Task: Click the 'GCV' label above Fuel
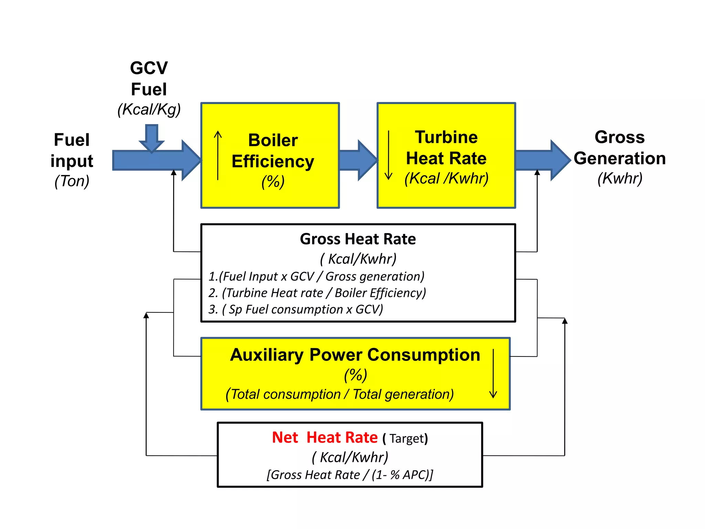click(x=149, y=68)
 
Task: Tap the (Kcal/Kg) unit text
click(x=149, y=110)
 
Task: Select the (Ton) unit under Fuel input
click(x=72, y=181)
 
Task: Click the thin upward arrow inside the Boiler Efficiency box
click(x=218, y=155)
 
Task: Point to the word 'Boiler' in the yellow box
click(x=273, y=140)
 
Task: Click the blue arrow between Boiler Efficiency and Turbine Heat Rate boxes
click(x=358, y=160)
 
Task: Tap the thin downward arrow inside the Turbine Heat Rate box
click(x=388, y=155)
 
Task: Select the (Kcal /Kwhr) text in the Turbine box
click(x=446, y=178)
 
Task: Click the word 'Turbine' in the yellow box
click(x=446, y=137)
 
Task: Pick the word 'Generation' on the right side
click(x=620, y=158)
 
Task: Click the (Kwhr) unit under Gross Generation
click(x=620, y=178)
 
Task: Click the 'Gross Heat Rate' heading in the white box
click(x=358, y=239)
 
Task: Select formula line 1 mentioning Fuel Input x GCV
click(x=316, y=277)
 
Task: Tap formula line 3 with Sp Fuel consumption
click(x=295, y=309)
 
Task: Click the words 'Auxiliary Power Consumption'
click(x=355, y=355)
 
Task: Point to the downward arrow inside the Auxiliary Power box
click(x=493, y=374)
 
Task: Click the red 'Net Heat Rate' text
click(x=325, y=437)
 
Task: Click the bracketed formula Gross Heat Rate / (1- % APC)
click(x=350, y=475)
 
